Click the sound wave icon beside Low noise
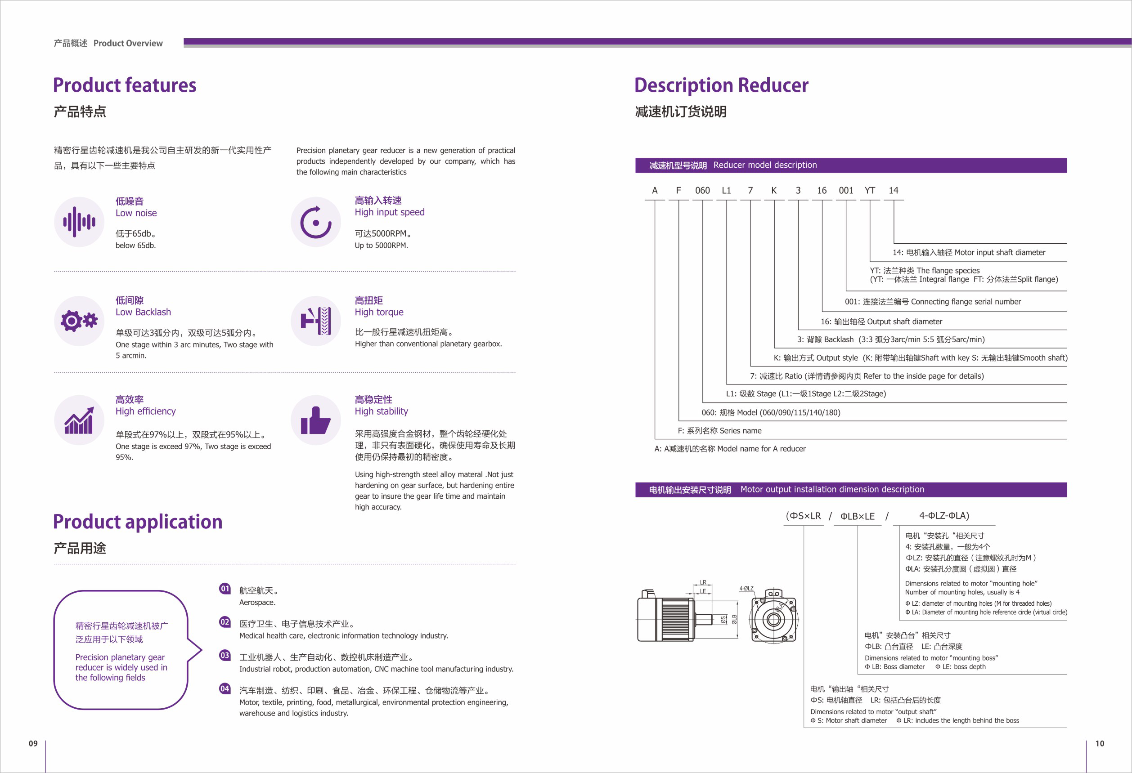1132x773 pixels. click(x=79, y=222)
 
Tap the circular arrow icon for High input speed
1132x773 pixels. click(x=316, y=222)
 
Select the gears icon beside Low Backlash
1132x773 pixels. click(x=79, y=321)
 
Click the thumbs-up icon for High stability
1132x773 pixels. click(x=316, y=420)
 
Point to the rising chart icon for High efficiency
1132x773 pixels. click(x=79, y=420)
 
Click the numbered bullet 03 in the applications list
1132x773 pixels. click(x=225, y=655)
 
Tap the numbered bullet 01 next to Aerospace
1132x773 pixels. click(x=225, y=589)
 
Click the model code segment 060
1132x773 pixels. click(x=702, y=190)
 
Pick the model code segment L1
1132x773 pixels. click(x=726, y=190)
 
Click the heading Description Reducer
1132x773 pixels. click(x=721, y=85)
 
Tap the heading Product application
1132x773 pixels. click(x=137, y=521)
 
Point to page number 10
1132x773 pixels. click(x=1099, y=743)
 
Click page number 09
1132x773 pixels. click(x=33, y=743)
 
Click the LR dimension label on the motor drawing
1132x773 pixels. click(x=703, y=582)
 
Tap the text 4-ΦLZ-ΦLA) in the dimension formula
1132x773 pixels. click(x=943, y=515)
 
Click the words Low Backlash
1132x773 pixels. click(x=143, y=312)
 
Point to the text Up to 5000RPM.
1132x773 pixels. click(x=381, y=246)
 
